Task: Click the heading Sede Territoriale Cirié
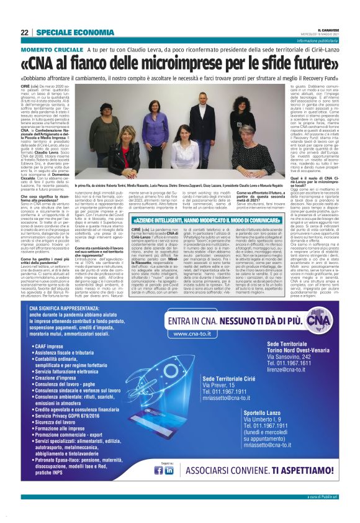[x=235, y=378]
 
